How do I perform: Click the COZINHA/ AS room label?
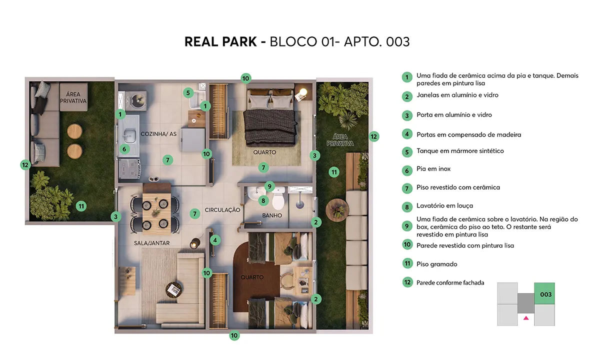pos(158,134)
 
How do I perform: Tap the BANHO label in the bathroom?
pos(272,215)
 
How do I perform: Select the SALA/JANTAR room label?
pos(151,243)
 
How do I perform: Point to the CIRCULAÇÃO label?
pos(222,210)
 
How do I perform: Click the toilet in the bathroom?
pos(278,198)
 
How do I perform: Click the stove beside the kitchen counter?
pos(129,169)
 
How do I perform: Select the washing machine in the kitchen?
pos(136,100)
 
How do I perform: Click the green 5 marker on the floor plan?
pos(188,93)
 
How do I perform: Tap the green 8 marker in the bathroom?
pos(263,200)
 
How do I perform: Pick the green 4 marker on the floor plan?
pos(215,240)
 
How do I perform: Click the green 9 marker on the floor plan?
pos(269,186)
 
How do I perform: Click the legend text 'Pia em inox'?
pos(433,169)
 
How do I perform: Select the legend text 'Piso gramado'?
pos(437,264)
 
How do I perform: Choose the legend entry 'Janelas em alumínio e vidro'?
pos(457,95)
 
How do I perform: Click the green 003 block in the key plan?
pos(544,293)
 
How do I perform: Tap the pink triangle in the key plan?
pos(526,318)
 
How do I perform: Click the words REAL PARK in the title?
pos(220,42)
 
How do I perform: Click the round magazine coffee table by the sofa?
pos(173,289)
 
